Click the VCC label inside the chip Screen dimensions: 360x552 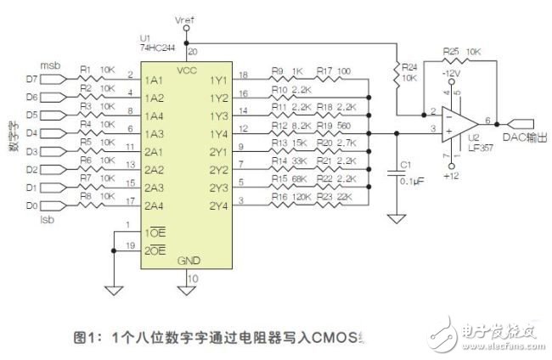point(189,69)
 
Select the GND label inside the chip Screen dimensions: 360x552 point(189,261)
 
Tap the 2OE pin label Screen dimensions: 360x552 point(155,252)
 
